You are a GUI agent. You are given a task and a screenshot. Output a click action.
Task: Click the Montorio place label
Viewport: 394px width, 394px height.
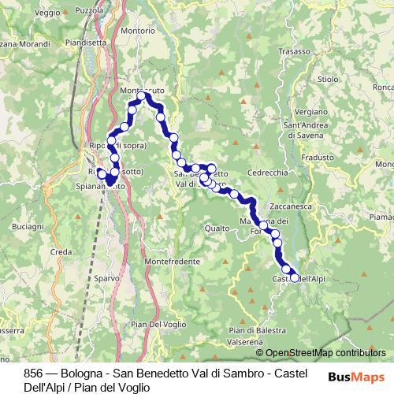coord(138,30)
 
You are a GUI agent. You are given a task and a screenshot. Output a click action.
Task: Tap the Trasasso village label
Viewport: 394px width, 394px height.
coord(295,51)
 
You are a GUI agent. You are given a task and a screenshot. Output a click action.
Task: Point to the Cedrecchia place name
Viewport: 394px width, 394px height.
coord(268,173)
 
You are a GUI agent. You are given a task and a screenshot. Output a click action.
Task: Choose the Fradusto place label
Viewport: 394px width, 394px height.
coord(317,157)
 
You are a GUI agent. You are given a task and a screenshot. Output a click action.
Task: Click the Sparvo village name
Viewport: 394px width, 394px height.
coord(106,278)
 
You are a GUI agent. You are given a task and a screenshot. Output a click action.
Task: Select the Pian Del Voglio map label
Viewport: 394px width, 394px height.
coord(158,325)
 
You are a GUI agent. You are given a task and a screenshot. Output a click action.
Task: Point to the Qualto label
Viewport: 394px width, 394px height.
coord(217,229)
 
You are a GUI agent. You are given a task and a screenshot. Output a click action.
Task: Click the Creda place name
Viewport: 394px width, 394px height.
coord(61,251)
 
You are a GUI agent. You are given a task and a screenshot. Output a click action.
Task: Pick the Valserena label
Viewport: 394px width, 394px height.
coord(244,342)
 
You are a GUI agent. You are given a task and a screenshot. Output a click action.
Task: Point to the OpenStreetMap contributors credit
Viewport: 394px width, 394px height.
coord(320,352)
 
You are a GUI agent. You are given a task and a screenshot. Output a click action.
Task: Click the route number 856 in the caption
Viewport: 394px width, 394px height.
coord(33,373)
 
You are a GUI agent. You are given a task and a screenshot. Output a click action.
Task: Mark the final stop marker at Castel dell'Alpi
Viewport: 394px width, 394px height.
coord(295,277)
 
